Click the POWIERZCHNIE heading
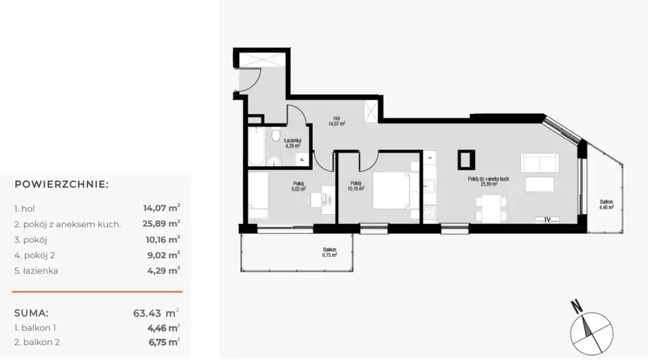[x=61, y=184]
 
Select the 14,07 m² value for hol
[x=161, y=208]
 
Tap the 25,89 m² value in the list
[x=161, y=223]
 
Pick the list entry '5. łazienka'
[x=36, y=271]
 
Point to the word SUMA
[x=32, y=313]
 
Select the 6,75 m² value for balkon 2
[x=164, y=342]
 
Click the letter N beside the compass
[x=577, y=306]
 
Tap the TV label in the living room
[x=547, y=220]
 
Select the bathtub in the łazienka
[x=256, y=146]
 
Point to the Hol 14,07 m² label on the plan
[x=337, y=120]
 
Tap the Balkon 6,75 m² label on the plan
[x=330, y=253]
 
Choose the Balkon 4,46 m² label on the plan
[x=606, y=205]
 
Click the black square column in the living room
[x=466, y=160]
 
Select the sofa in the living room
[x=540, y=163]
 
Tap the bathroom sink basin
[x=274, y=161]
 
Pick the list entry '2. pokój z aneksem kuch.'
[x=68, y=225]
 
